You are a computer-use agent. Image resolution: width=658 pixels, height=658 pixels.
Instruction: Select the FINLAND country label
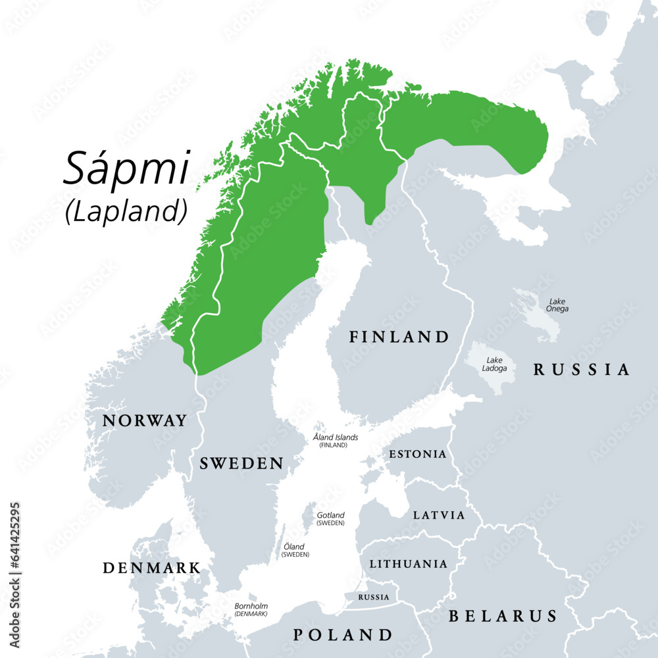pyautogui.click(x=399, y=338)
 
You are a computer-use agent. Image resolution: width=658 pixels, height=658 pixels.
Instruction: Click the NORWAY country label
pyautogui.click(x=145, y=420)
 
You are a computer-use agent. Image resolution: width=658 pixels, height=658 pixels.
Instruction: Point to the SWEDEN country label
pyautogui.click(x=241, y=463)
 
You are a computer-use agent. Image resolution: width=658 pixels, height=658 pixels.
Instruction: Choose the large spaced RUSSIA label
pyautogui.click(x=581, y=370)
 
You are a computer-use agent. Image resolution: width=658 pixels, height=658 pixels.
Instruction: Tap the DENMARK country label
pyautogui.click(x=151, y=567)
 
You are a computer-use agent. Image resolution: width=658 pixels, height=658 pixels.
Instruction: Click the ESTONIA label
pyautogui.click(x=417, y=455)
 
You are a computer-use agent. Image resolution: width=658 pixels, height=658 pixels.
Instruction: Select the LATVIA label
pyautogui.click(x=438, y=515)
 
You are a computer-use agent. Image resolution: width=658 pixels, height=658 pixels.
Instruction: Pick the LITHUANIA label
pyautogui.click(x=408, y=564)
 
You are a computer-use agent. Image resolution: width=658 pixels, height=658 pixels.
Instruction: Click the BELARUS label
pyautogui.click(x=503, y=616)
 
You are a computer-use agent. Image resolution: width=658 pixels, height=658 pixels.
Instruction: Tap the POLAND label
pyautogui.click(x=342, y=635)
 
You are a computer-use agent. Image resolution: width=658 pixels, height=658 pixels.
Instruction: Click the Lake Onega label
pyautogui.click(x=557, y=305)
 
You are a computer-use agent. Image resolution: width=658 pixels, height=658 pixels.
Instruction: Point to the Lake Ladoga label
pyautogui.click(x=495, y=364)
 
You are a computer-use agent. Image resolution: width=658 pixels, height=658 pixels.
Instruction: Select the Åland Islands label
pyautogui.click(x=336, y=440)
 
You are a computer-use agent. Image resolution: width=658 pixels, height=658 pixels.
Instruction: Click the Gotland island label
pyautogui.click(x=330, y=519)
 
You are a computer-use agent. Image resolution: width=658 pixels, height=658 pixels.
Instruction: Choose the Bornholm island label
pyautogui.click(x=251, y=609)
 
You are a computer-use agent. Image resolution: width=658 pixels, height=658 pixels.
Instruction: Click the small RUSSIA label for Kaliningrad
pyautogui.click(x=374, y=597)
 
